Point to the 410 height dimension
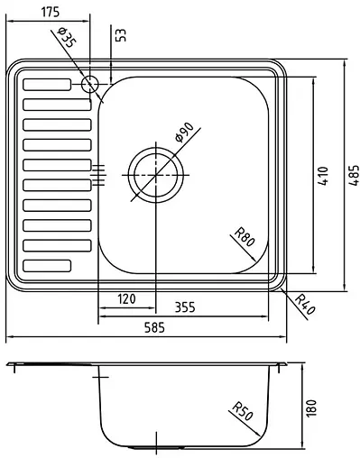[x=322, y=175]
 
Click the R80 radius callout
[x=244, y=238]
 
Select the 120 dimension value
[x=125, y=298]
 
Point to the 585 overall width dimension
[x=154, y=329]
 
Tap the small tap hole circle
[x=89, y=85]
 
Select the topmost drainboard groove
[x=46, y=85]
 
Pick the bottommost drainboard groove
[x=46, y=265]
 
